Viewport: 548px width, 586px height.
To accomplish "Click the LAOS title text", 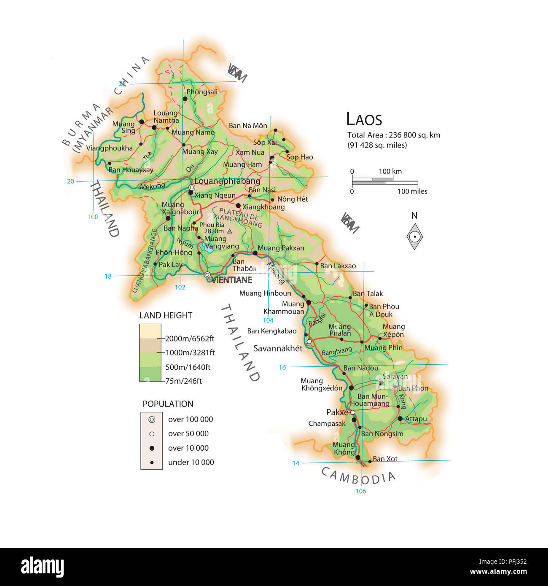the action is click(364, 119).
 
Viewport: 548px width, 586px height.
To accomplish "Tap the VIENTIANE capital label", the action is click(231, 280).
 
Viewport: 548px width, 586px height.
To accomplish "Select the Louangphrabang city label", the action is click(227, 181).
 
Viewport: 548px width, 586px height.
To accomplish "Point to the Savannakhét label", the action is click(278, 348).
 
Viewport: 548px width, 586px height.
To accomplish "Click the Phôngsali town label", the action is click(202, 92).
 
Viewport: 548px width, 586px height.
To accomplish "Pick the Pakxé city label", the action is click(337, 412).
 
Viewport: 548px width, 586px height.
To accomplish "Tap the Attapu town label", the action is click(416, 419).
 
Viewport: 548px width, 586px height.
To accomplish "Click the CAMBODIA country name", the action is click(358, 476).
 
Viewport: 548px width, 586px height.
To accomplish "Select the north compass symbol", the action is click(415, 237).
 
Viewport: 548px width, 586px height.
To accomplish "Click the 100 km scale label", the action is click(390, 171).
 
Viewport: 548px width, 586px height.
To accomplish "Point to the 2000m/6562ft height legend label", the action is click(189, 339).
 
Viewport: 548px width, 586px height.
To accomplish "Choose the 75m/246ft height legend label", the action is click(183, 381).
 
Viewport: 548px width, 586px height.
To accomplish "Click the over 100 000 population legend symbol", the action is click(152, 419).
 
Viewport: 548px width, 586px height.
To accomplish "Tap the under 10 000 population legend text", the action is click(191, 462).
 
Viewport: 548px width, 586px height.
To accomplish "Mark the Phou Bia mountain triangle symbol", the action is click(229, 231).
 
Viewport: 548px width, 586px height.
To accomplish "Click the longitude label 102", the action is click(180, 287).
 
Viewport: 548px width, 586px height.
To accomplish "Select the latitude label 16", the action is click(282, 367).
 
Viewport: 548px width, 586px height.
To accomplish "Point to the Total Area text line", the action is click(393, 135).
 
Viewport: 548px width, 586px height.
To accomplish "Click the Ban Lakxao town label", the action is click(338, 266).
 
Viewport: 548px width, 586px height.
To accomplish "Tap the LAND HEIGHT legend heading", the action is click(166, 315).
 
